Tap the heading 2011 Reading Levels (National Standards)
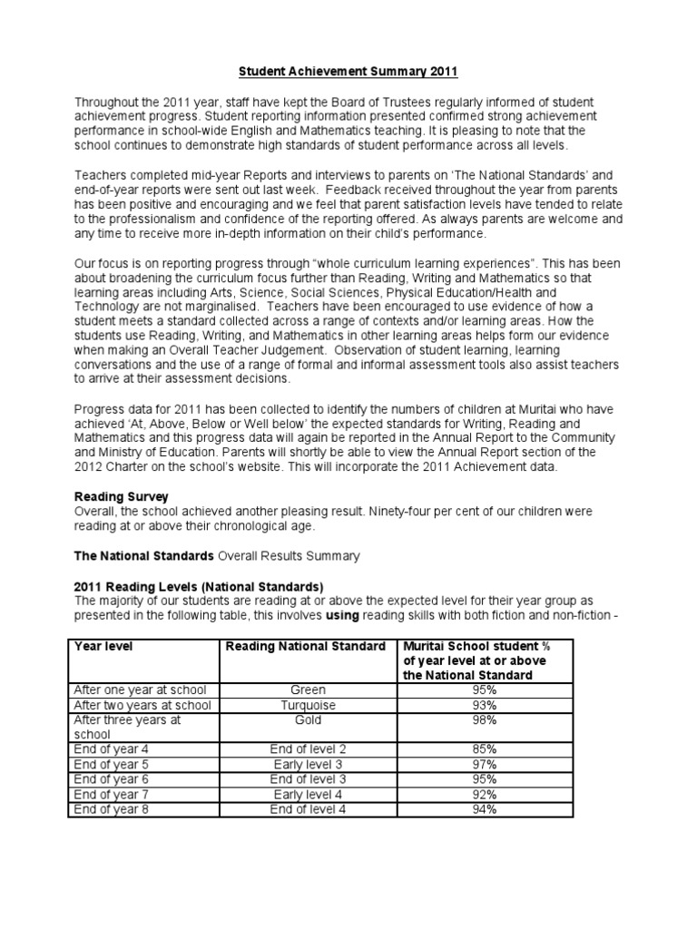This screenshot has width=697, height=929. coord(198,586)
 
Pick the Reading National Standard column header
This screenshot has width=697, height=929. coord(302,646)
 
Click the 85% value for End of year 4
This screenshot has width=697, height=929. coord(484,749)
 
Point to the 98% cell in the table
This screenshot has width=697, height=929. coord(484,720)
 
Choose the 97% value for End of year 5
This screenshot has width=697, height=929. coord(484,765)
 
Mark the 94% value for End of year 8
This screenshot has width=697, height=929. coord(484,809)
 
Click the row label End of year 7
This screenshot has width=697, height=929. coord(111,795)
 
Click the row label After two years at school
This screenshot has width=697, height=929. coord(142,705)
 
